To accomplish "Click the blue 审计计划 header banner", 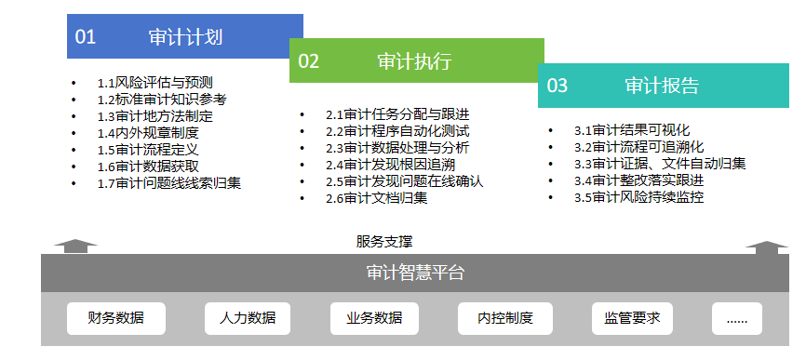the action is pos(185,36).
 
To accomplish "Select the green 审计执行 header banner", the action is pos(417,60).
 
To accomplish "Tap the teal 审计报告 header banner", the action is pos(663,86).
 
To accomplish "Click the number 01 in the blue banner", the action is pos(86,37).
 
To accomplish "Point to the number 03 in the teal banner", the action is pos(557,86).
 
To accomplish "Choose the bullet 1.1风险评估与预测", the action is pos(155,83).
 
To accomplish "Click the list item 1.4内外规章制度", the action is pos(148,133).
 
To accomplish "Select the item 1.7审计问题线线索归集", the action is pos(169,183).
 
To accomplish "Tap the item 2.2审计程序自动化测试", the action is pos(397,131).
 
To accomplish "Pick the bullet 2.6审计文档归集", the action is pos(377,198).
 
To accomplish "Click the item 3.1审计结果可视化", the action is pos(632,130).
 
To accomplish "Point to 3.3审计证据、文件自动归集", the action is pos(660,164).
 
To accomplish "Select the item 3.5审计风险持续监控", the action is pos(639,197).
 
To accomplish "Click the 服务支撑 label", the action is pos(384,241).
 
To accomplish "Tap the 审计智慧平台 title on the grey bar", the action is pos(415,273).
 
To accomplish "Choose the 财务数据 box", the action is pos(116,318).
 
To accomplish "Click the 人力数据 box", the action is pos(248,318).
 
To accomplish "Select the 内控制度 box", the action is pos(505,318).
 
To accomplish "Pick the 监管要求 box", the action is pos(632,318).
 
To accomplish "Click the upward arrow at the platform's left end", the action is pos(75,246).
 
